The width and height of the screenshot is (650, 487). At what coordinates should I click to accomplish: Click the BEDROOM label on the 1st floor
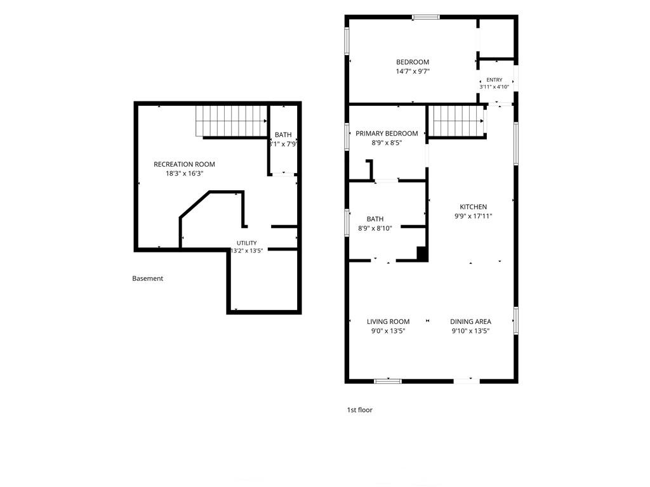(x=413, y=62)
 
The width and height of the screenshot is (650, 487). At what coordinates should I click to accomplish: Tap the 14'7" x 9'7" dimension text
(x=413, y=71)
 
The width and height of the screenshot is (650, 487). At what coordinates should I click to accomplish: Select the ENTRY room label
(x=494, y=80)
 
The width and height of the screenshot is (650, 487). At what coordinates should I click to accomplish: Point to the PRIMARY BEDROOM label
(x=387, y=133)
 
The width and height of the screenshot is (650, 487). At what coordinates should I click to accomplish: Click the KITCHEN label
(x=474, y=207)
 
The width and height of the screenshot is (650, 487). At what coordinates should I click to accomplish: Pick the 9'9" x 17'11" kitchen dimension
(x=474, y=216)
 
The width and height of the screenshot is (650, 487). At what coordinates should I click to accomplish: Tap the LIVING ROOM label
(x=388, y=321)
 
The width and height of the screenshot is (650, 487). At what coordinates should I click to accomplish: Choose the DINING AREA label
(x=471, y=321)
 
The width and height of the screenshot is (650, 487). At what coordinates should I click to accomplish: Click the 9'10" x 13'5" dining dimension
(x=471, y=331)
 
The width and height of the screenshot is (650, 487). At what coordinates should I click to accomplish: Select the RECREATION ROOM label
(x=185, y=164)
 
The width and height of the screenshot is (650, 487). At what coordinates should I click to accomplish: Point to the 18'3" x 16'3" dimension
(x=185, y=174)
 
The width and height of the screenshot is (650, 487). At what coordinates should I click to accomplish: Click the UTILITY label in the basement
(x=247, y=243)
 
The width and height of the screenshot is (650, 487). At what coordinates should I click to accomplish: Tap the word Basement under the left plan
(x=147, y=278)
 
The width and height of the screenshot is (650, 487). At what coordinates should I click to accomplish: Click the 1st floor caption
(x=360, y=410)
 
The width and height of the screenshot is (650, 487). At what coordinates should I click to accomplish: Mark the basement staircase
(x=231, y=121)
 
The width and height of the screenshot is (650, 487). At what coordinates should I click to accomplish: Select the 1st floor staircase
(x=457, y=121)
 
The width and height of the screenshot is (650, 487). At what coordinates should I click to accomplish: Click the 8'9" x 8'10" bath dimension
(x=375, y=228)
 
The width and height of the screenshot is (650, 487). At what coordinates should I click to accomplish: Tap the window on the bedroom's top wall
(x=426, y=17)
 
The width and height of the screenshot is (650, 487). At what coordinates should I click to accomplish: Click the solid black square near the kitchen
(x=422, y=254)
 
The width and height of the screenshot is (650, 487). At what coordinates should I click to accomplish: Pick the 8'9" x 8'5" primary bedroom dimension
(x=387, y=143)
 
